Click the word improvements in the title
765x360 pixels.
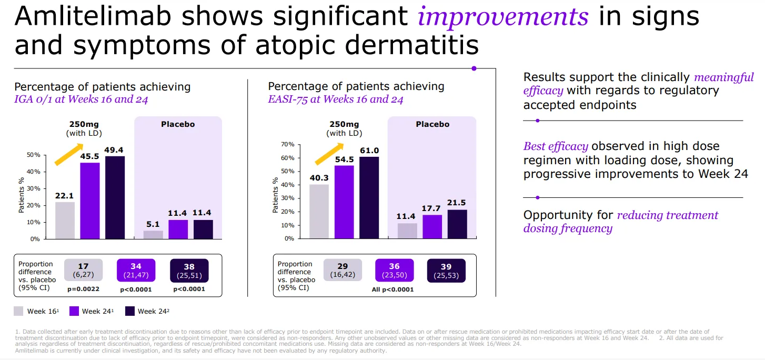click(x=502, y=17)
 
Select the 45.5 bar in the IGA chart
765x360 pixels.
click(x=89, y=201)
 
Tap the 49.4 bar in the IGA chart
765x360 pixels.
click(x=115, y=197)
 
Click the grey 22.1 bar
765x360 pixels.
click(x=65, y=220)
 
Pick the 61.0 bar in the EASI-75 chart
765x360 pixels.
click(x=369, y=197)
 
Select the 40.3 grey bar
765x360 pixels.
click(x=319, y=211)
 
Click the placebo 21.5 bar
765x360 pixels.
click(x=457, y=224)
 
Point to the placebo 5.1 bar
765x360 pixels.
click(x=153, y=235)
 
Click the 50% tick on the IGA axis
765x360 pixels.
click(x=34, y=155)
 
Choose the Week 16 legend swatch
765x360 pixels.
click(x=18, y=311)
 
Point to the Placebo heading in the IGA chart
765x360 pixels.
click(x=178, y=125)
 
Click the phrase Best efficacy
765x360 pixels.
click(x=556, y=146)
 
